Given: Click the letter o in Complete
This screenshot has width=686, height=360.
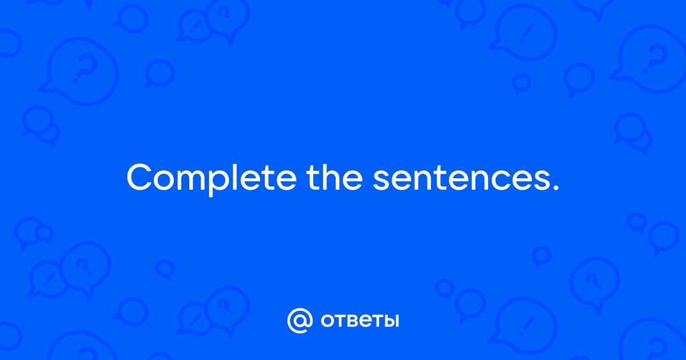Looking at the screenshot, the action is [x=165, y=181].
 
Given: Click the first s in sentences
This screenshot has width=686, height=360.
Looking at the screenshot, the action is [x=381, y=181].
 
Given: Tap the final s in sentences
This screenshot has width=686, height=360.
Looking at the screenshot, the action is [x=541, y=181].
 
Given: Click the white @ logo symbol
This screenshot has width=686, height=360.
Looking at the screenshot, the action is [x=300, y=321].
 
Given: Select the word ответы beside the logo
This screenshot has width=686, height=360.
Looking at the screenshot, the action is [x=360, y=321].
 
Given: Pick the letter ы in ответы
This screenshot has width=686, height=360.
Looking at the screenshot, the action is [x=390, y=321].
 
